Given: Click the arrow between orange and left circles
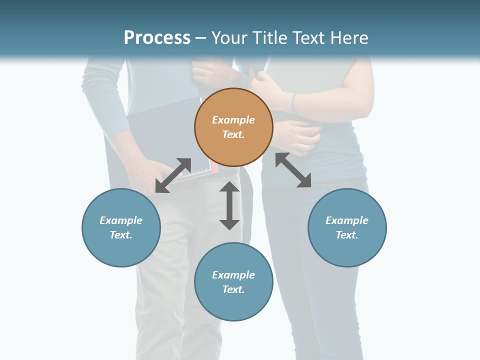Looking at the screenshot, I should click(173, 175).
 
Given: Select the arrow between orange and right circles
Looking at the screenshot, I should click(293, 170).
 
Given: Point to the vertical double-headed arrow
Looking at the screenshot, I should click(229, 205).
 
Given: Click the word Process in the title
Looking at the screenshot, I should click(157, 37).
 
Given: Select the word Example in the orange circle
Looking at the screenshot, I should click(233, 120).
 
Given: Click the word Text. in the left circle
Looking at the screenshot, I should click(121, 235).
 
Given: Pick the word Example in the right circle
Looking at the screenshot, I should click(347, 220).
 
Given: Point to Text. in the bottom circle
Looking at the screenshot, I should click(233, 289).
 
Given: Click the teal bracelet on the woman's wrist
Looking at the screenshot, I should click(294, 102).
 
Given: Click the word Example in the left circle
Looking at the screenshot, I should click(121, 220).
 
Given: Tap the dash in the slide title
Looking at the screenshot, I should click(201, 38).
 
